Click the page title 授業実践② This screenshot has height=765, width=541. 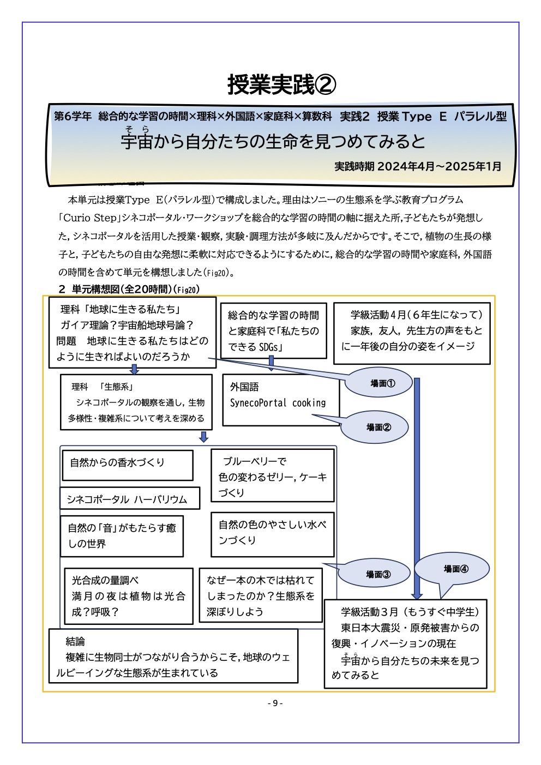coord(281,85)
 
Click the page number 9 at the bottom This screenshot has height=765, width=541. coord(275,703)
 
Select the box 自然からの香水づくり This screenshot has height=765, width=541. coord(127,465)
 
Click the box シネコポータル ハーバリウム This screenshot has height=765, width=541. coord(130,498)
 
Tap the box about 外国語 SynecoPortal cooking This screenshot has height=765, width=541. coord(280,400)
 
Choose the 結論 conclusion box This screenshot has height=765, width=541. coord(173,656)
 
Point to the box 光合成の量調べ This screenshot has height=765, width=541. coord(128,596)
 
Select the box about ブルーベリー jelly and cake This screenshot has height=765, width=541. coord(272,475)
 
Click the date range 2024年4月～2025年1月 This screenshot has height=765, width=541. coord(439,166)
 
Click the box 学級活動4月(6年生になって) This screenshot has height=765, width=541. coord(412,333)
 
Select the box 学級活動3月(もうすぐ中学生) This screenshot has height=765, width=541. coord(405,643)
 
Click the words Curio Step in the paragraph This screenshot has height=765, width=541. coord(89,218)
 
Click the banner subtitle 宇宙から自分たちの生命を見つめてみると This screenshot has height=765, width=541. coord(273,142)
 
